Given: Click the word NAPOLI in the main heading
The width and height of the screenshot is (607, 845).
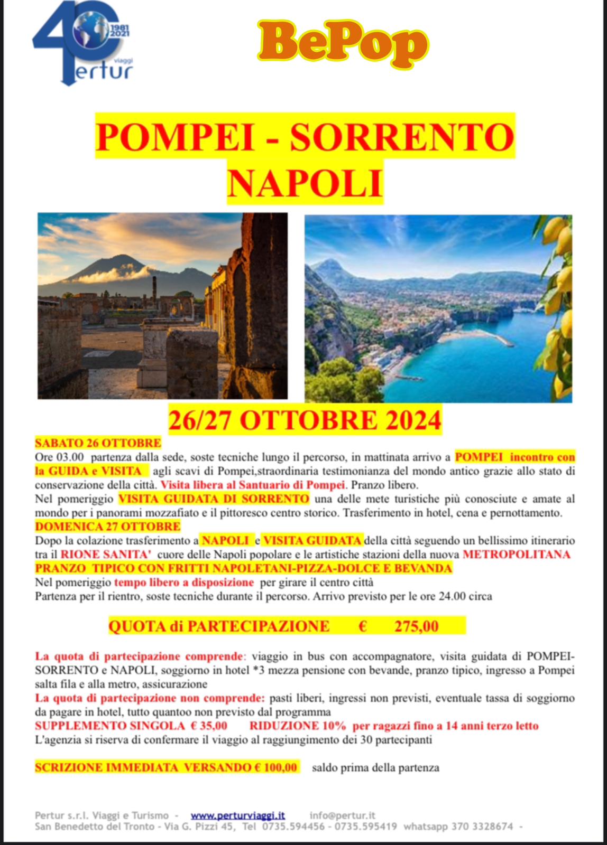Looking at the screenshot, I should (x=305, y=183).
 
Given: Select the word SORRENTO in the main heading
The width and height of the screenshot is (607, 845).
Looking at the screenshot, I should (x=402, y=137).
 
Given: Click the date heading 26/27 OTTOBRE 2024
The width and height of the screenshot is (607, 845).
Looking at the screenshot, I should (x=305, y=420).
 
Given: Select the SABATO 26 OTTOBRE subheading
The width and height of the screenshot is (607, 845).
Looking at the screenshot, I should (x=98, y=443).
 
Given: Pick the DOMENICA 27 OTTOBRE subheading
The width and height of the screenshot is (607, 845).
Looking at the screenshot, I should (x=108, y=527).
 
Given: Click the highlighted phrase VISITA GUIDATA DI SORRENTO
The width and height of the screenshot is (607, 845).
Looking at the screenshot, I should (x=214, y=499).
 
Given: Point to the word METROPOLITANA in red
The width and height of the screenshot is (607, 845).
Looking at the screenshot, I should (x=517, y=555).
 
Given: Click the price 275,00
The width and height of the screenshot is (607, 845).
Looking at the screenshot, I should (x=416, y=627).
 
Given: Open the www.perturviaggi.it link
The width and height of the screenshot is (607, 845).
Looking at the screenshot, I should (x=237, y=816).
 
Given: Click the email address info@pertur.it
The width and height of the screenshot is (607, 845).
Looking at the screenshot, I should (x=342, y=816).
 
